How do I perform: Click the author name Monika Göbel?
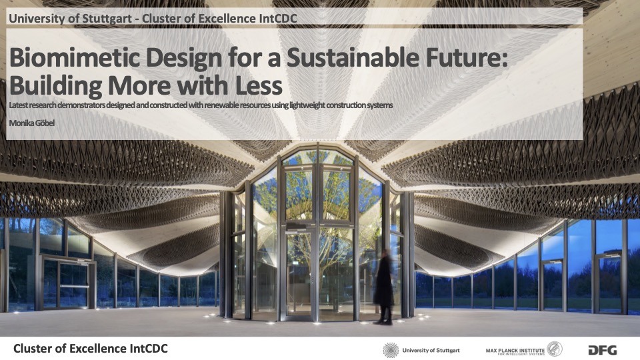31,123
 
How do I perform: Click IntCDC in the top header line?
277,19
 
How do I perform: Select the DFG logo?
603,350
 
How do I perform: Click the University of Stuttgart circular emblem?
391,350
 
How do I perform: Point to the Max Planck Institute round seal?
555,349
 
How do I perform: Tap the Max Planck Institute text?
515,351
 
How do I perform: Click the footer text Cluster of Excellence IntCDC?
90,349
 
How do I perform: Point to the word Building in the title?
55,87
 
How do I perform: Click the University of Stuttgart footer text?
431,350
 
